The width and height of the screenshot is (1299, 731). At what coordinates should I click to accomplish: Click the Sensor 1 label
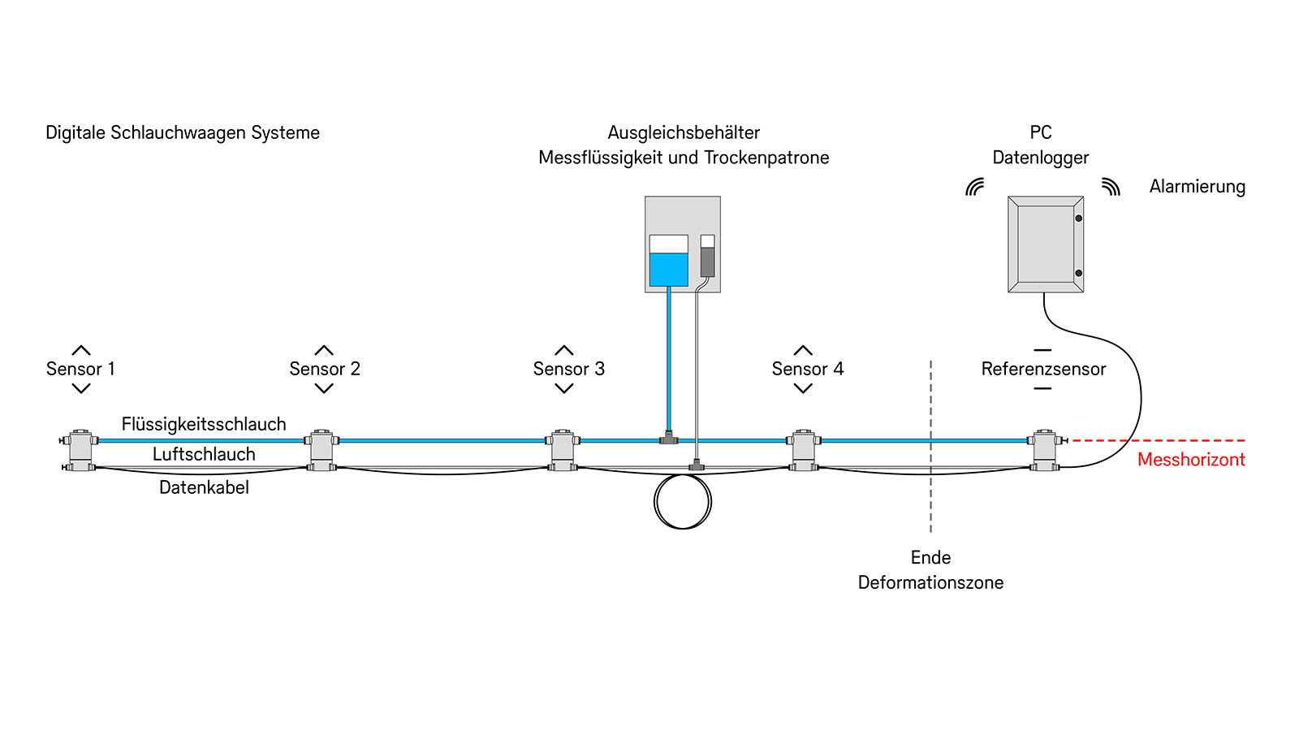[x=80, y=369]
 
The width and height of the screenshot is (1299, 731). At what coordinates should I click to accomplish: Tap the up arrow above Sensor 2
[x=324, y=351]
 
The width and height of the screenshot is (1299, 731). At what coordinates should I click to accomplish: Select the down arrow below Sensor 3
[x=564, y=388]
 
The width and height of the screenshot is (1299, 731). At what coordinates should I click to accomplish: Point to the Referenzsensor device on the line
[x=1044, y=450]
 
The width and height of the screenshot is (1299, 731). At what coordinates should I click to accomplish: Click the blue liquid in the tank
[x=668, y=269]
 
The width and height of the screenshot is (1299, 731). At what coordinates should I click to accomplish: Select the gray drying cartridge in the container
[x=707, y=262]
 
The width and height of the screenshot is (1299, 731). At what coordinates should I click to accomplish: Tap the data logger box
[x=1045, y=244]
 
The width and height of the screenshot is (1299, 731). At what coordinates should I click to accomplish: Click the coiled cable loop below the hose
[x=682, y=502]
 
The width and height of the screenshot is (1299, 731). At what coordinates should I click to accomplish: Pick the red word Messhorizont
[x=1190, y=460]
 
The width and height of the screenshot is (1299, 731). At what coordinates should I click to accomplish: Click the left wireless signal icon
[x=975, y=187]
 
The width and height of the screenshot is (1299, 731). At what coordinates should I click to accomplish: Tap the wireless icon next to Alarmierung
[x=1111, y=187]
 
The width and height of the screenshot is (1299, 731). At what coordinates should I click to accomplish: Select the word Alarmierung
[x=1197, y=187]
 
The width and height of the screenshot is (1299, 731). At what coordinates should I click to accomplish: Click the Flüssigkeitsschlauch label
[x=204, y=424]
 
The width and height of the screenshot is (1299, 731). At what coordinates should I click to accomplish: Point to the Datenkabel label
[x=204, y=487]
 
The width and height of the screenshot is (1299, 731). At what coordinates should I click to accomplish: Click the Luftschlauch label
[x=204, y=454]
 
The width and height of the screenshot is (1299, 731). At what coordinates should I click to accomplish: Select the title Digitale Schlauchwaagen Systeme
[x=183, y=132]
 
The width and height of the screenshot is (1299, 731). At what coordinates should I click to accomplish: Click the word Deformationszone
[x=930, y=582]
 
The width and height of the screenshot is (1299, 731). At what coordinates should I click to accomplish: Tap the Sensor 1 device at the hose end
[x=80, y=450]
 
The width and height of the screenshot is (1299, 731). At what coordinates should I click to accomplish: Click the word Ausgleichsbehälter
[x=684, y=132]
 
